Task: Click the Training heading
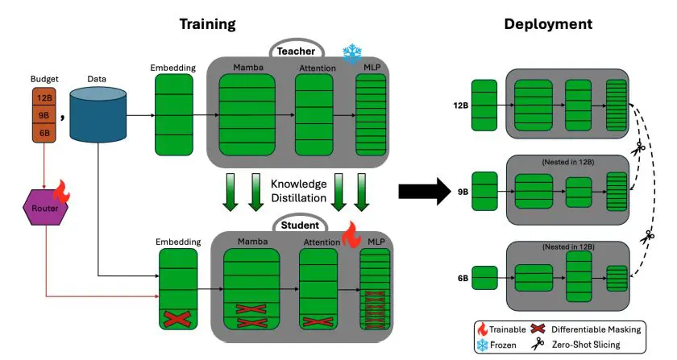tap(207, 24)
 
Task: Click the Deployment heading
tap(548, 24)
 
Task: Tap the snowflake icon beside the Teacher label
tap(352, 54)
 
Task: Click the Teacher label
tap(295, 50)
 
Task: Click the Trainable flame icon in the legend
tap(482, 329)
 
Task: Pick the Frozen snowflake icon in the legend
tap(482, 346)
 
